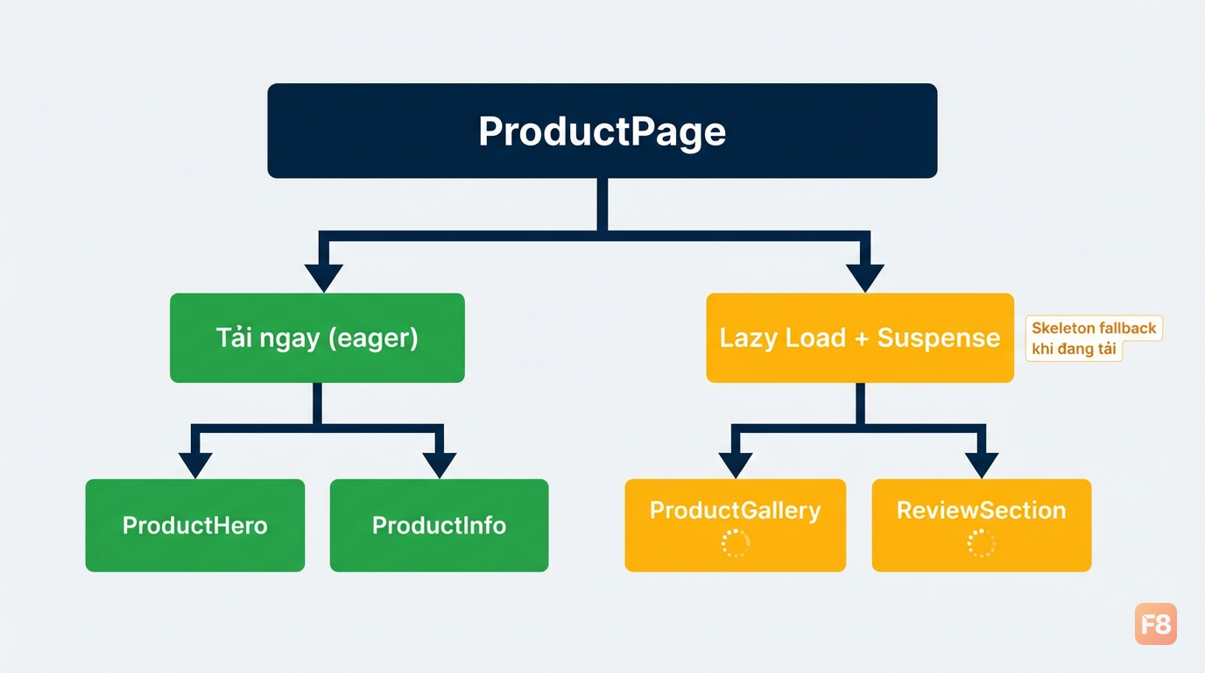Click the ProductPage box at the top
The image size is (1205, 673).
(x=602, y=131)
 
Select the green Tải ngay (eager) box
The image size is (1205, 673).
(x=317, y=338)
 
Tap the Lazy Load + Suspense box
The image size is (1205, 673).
(x=860, y=338)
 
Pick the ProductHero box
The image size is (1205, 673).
(x=195, y=526)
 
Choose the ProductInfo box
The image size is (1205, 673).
(x=440, y=526)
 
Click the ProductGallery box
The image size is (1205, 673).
(x=736, y=526)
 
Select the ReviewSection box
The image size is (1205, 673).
(x=982, y=526)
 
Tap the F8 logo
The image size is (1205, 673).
(x=1156, y=623)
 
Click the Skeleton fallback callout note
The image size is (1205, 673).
(x=1094, y=338)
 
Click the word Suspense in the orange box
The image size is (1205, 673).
(x=939, y=338)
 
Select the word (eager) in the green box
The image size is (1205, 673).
(x=373, y=338)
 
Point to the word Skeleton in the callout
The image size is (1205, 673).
(x=1056, y=328)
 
